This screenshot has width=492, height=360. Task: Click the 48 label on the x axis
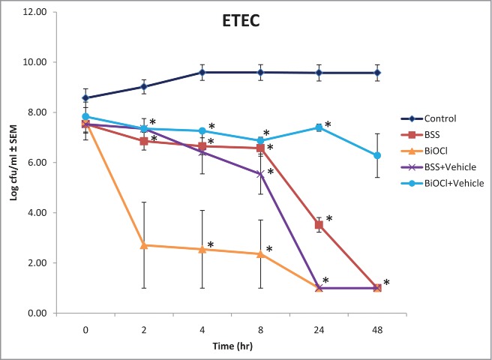pyautogui.click(x=377, y=328)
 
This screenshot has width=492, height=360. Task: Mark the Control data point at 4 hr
pyautogui.click(x=202, y=72)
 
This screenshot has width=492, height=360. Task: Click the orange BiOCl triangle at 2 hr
pyautogui.click(x=144, y=245)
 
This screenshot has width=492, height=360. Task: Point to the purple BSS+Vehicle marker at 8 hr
pyautogui.click(x=260, y=174)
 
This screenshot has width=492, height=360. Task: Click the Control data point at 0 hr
pyautogui.click(x=85, y=97)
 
